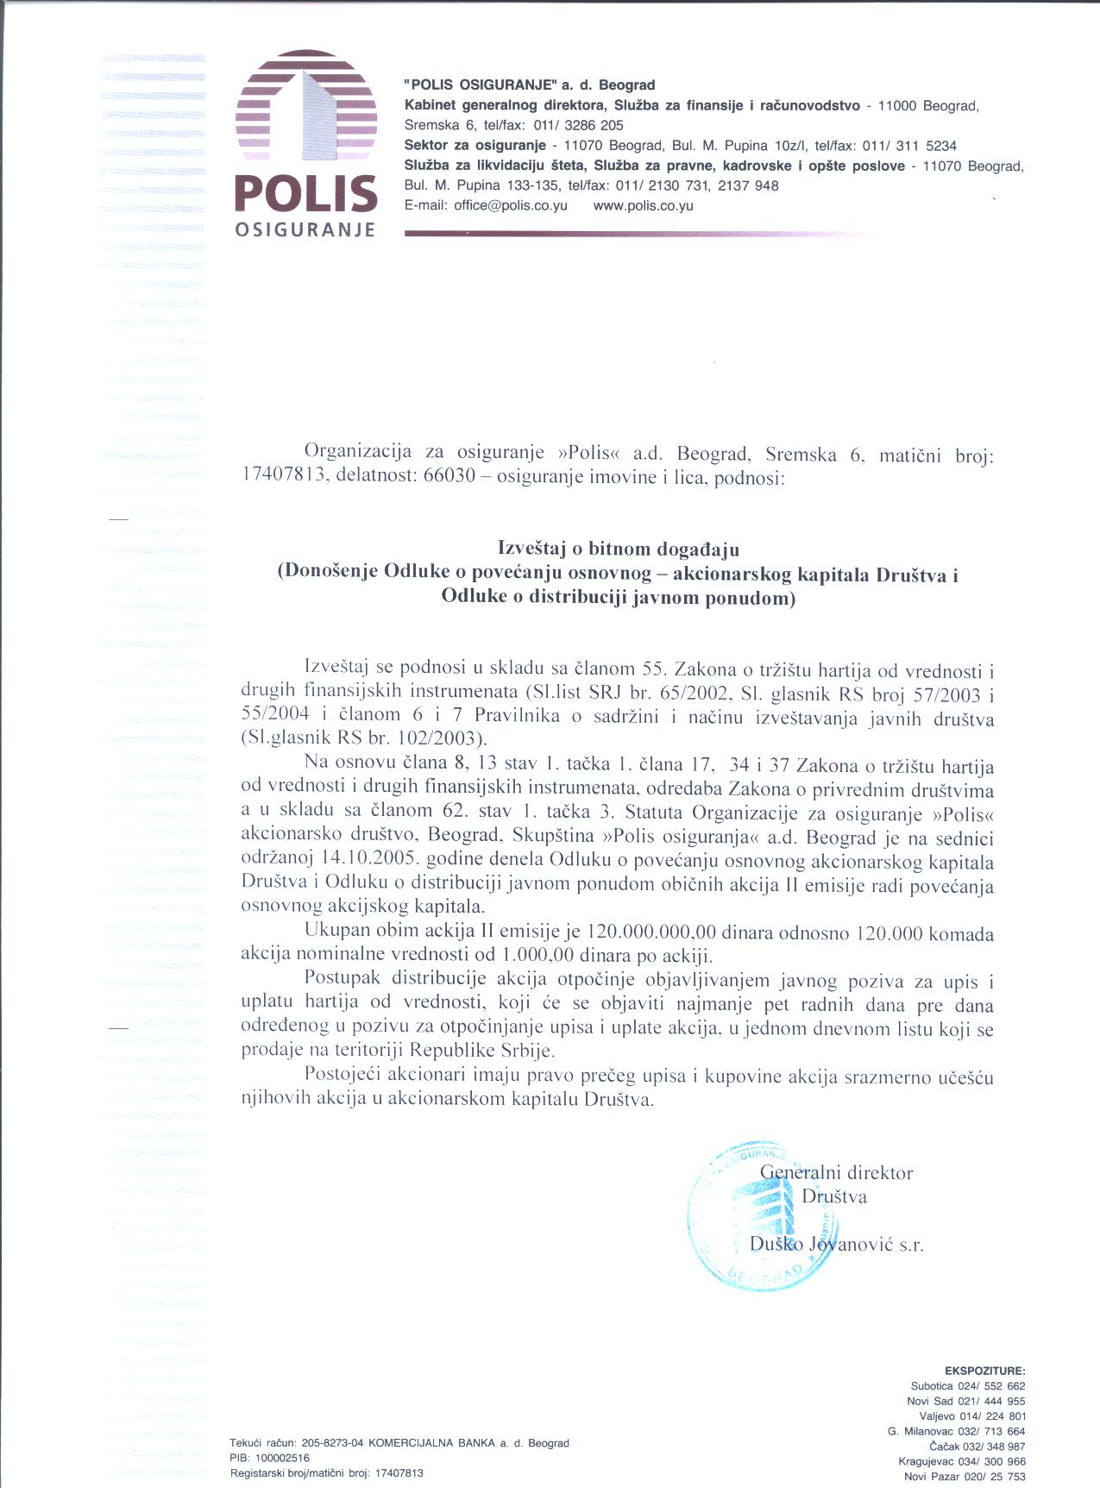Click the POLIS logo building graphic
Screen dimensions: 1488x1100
coord(305,107)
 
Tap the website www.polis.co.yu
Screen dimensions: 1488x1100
coord(644,206)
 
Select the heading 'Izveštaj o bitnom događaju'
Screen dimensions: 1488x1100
coord(619,548)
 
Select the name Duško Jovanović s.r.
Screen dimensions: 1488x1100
coord(836,1244)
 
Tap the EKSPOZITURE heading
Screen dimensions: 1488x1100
coord(984,1370)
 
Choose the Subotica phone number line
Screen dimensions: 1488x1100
coord(967,1385)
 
